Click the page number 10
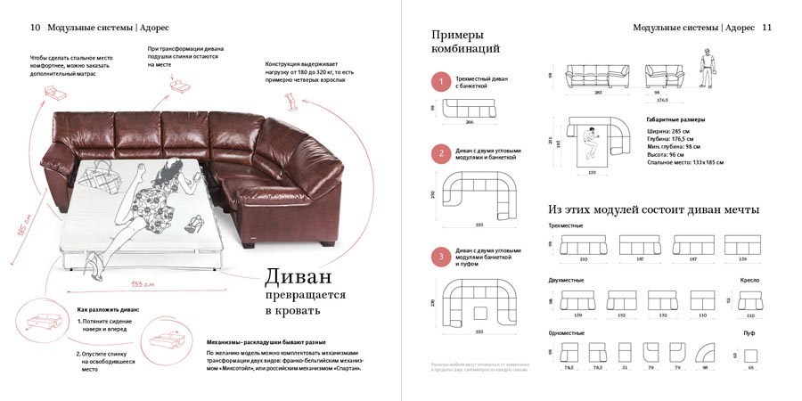pos(36,28)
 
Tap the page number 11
pos(766,28)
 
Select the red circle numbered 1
pos(441,83)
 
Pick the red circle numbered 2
pos(441,153)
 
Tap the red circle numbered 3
pos(441,258)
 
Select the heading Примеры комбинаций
pos(465,41)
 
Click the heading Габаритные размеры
pos(675,119)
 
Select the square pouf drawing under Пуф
pos(750,353)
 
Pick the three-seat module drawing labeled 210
pos(584,245)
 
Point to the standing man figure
pos(705,69)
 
